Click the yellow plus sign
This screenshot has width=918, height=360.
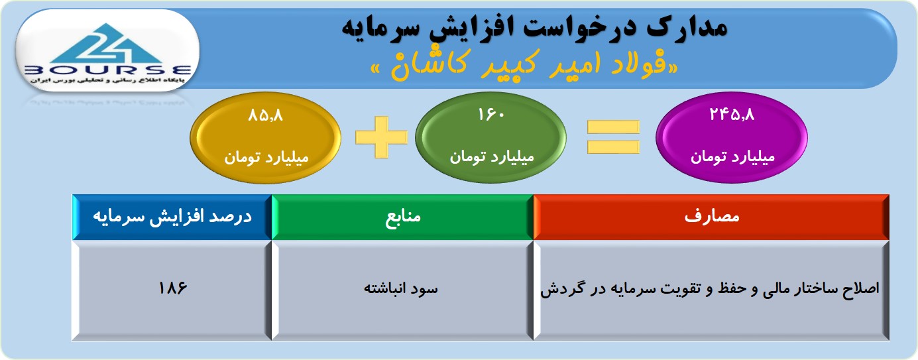(382, 137)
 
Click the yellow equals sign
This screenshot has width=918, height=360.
(613, 137)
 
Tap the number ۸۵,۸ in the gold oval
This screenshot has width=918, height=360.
(266, 115)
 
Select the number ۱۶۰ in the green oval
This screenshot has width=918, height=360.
(491, 115)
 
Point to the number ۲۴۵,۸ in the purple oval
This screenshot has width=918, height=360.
(732, 115)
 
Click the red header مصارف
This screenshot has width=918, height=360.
(711, 217)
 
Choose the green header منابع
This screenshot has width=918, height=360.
(402, 217)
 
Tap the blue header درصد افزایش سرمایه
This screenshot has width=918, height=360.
(172, 217)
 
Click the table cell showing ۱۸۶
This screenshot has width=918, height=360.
(172, 290)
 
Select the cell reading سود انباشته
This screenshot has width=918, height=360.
(402, 290)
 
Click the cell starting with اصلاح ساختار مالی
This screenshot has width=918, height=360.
(711, 290)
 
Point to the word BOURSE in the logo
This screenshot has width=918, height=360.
(107, 70)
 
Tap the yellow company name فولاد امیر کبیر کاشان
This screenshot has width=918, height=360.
(524, 66)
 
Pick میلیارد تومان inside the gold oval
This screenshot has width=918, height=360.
(266, 158)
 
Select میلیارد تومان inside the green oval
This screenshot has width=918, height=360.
(492, 157)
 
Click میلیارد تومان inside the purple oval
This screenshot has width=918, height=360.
(733, 157)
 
